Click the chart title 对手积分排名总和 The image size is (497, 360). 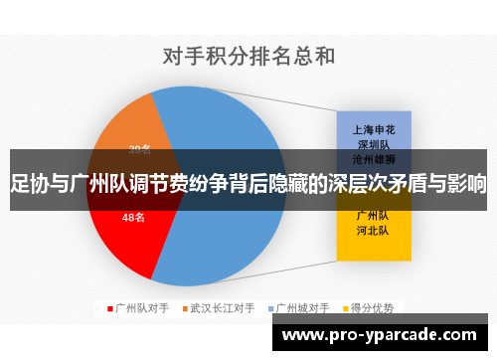click(x=248, y=57)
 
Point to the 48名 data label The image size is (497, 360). click(x=133, y=217)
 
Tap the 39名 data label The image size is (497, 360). click(x=140, y=149)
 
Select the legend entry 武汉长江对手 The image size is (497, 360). click(x=223, y=307)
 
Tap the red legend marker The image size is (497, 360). click(x=109, y=307)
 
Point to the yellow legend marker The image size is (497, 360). click(x=346, y=307)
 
